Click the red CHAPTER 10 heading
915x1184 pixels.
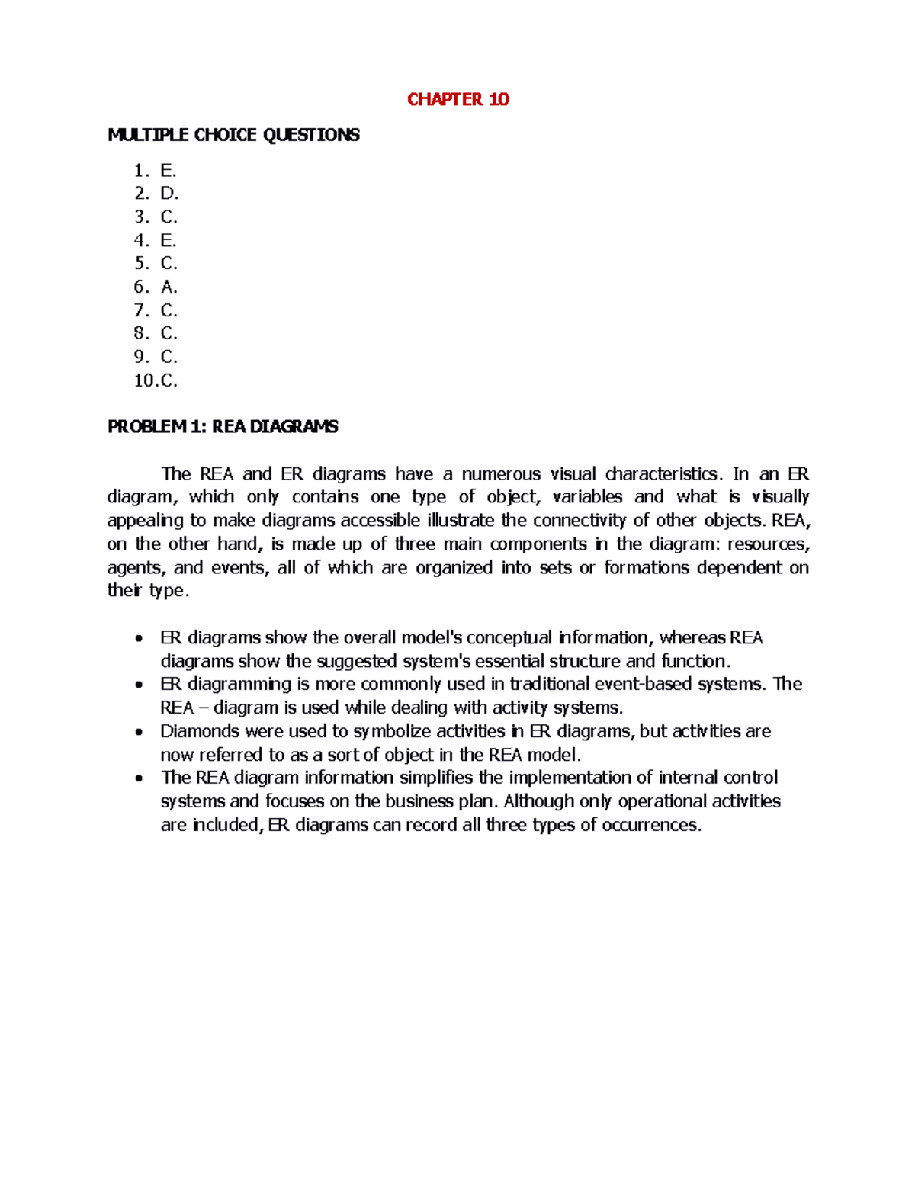457,99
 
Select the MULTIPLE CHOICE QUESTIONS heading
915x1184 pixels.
233,135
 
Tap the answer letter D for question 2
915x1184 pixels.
168,194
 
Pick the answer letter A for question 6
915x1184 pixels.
168,287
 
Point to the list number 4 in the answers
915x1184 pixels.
141,241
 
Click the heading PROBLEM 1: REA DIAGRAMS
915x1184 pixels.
223,427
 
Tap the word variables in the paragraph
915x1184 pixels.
587,497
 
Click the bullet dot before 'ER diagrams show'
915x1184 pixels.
138,638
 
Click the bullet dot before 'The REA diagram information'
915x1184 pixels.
138,778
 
